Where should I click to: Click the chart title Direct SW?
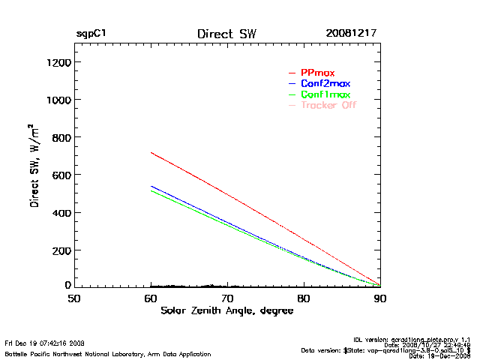click(226, 34)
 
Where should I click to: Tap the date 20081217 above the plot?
click(351, 34)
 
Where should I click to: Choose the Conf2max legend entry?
click(325, 83)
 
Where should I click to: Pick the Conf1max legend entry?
click(325, 94)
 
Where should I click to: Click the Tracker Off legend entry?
click(328, 105)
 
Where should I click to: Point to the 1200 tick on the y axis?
click(57, 63)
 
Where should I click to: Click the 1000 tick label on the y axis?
click(57, 100)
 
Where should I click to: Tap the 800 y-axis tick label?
click(60, 138)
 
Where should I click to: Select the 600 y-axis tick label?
click(60, 175)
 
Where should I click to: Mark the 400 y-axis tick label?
click(60, 213)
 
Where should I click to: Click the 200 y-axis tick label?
click(60, 250)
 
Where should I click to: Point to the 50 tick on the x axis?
click(74, 298)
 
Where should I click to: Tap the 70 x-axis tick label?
click(227, 298)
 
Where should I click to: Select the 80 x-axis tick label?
click(304, 298)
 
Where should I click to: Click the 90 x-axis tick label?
click(380, 298)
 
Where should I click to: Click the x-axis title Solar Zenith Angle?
click(226, 310)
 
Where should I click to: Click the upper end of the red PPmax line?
click(151, 153)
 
